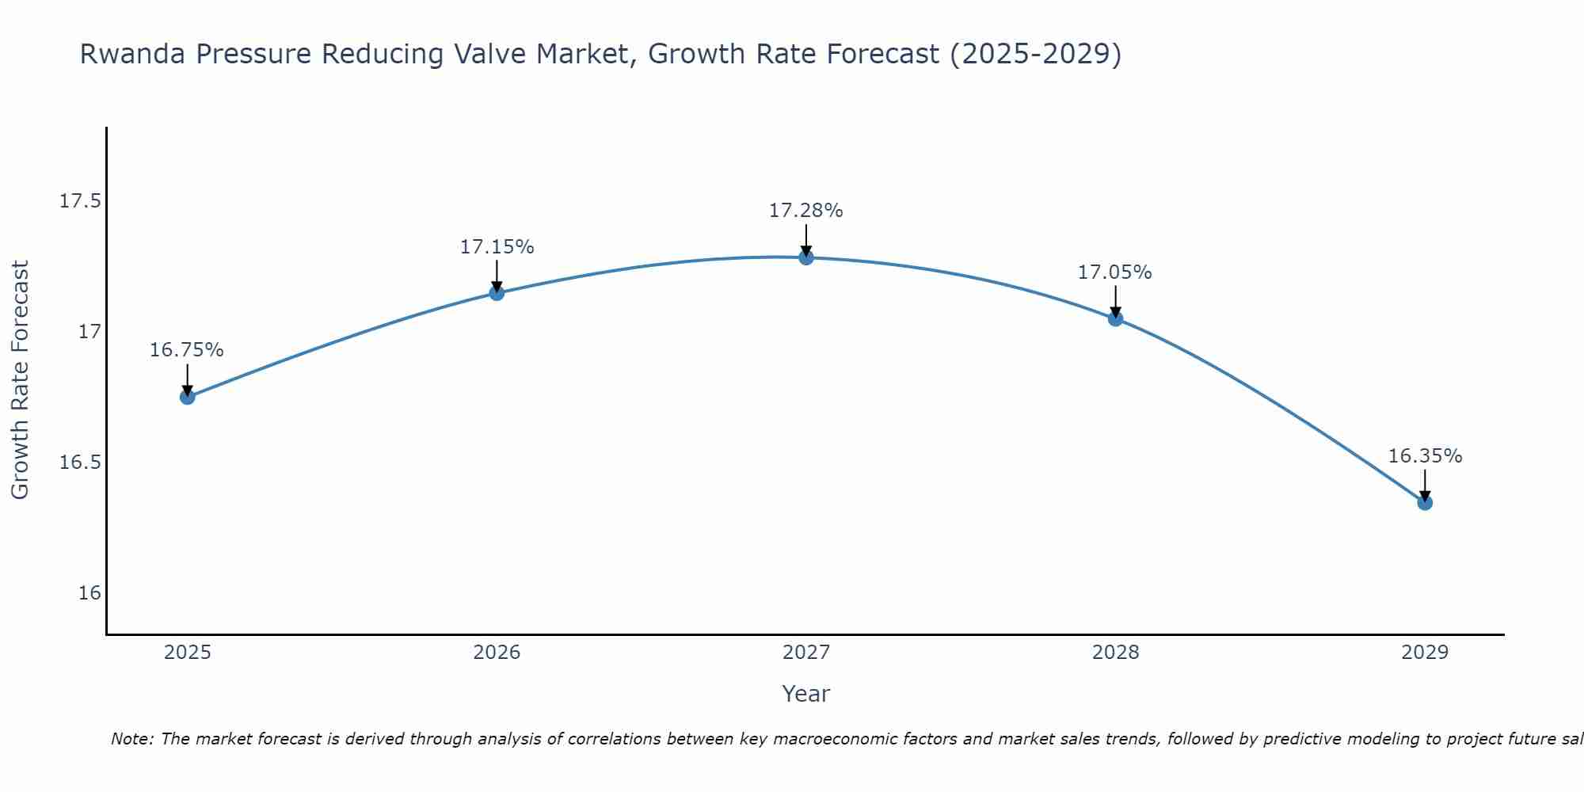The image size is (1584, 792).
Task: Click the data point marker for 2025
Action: [x=188, y=397]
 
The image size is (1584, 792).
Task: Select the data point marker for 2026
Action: [x=497, y=293]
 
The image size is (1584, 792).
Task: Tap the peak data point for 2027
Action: [x=806, y=257]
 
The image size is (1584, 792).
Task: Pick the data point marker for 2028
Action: [x=1115, y=319]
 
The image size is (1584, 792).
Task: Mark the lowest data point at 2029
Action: [x=1425, y=502]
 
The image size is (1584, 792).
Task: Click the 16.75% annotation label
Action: [x=187, y=350]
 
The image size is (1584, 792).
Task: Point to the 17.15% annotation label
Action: [x=497, y=247]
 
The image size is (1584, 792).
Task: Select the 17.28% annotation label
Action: [x=806, y=211]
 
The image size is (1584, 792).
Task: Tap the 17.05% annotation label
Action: [x=1115, y=272]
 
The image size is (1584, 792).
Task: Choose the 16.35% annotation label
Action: [x=1425, y=456]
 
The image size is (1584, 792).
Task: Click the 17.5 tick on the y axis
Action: [x=81, y=201]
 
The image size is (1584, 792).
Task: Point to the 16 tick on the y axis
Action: [x=90, y=593]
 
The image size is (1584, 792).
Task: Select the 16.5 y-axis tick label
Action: [x=81, y=463]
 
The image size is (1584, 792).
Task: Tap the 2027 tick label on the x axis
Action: [x=806, y=653]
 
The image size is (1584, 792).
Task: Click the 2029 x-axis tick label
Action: [x=1425, y=653]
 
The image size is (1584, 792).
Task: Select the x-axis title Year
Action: [x=806, y=694]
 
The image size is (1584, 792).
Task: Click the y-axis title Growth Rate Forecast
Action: [x=21, y=380]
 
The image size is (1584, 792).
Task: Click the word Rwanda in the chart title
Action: [x=132, y=55]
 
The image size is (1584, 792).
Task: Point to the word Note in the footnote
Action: [x=131, y=739]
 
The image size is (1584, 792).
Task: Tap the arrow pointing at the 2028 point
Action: [x=1115, y=301]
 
